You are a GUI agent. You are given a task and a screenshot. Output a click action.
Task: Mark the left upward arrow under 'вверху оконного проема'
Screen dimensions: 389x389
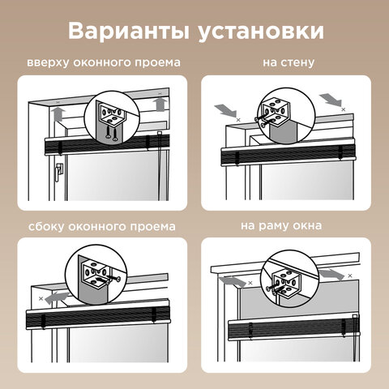[x=58, y=111]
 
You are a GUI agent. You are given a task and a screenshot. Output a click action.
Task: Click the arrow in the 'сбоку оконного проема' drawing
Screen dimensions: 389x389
[x=56, y=298]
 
